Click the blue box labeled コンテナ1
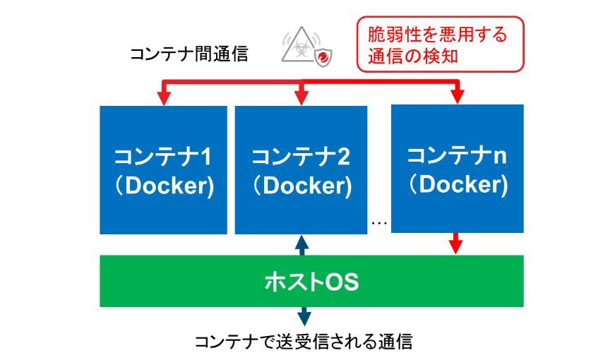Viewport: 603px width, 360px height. pos(163,169)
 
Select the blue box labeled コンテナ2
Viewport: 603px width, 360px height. pos(301,169)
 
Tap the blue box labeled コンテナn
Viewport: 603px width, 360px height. pos(458,168)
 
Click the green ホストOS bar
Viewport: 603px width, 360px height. pos(311,282)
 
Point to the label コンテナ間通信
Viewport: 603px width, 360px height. pos(189,54)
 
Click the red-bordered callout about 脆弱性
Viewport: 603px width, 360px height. pos(441,44)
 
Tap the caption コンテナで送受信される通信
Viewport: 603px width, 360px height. pos(303,342)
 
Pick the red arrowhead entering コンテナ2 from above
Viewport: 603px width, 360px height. pos(301,100)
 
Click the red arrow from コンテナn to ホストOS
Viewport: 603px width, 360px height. pos(457,244)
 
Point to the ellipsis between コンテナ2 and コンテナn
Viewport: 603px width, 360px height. pos(379,223)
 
